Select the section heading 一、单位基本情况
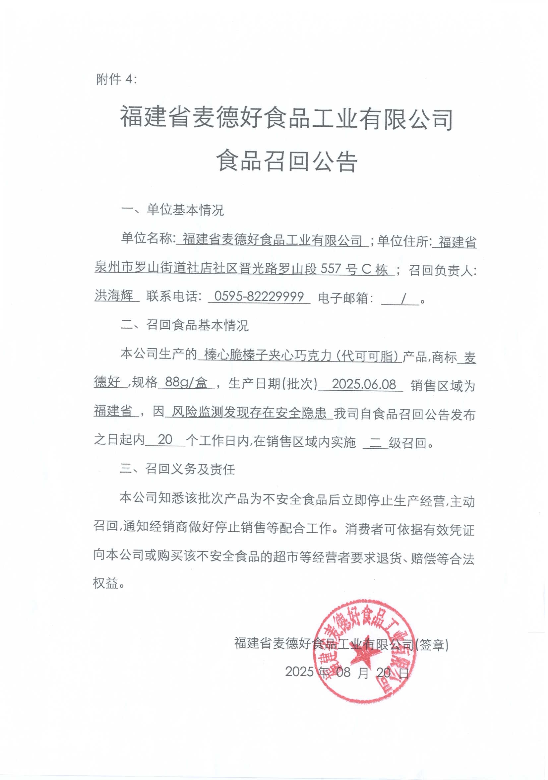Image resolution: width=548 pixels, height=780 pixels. click(172, 210)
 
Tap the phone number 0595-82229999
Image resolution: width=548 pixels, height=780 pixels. click(259, 296)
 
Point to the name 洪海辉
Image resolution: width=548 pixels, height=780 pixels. click(114, 296)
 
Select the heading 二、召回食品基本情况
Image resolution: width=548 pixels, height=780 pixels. click(184, 325)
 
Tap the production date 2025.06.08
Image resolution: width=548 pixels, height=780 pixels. click(364, 384)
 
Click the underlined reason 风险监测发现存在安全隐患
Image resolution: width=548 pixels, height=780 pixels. click(249, 413)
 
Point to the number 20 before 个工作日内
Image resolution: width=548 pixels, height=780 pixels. click(165, 440)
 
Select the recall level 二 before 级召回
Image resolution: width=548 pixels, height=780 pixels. click(376, 442)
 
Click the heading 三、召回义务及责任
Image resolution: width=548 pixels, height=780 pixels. click(177, 469)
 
